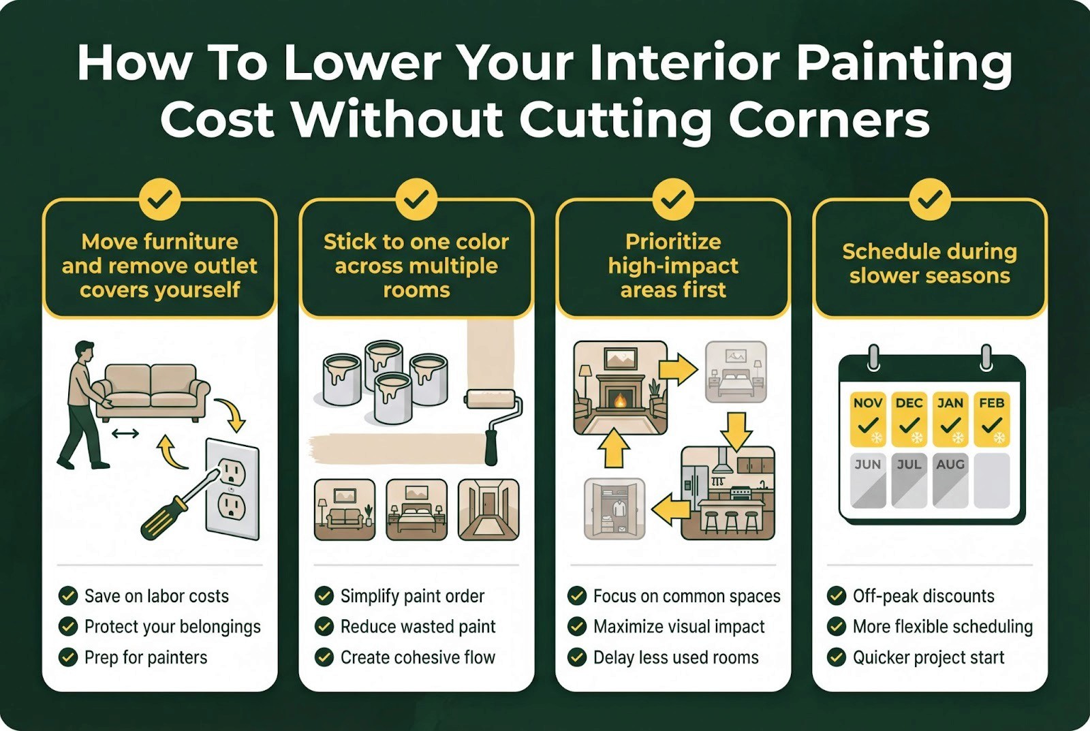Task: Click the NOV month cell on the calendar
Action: click(x=868, y=419)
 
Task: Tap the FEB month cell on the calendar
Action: click(x=991, y=419)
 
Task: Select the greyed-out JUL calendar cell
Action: click(x=909, y=480)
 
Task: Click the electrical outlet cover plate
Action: click(x=232, y=488)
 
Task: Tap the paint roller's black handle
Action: click(x=491, y=448)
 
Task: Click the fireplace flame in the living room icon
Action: click(x=620, y=401)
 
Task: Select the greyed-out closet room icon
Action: click(x=614, y=509)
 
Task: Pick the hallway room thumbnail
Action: click(x=488, y=510)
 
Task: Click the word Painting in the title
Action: click(x=904, y=63)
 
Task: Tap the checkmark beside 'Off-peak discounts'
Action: click(x=836, y=595)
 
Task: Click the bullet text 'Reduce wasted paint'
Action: click(x=418, y=626)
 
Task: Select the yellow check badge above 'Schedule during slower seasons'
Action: click(x=929, y=199)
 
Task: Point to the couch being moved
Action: click(x=151, y=392)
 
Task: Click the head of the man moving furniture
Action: click(x=84, y=350)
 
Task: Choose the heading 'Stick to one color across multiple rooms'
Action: click(x=416, y=266)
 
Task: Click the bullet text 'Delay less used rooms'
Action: click(x=676, y=657)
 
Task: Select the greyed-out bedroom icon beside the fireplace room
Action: click(x=736, y=372)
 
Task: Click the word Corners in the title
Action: click(x=828, y=120)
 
